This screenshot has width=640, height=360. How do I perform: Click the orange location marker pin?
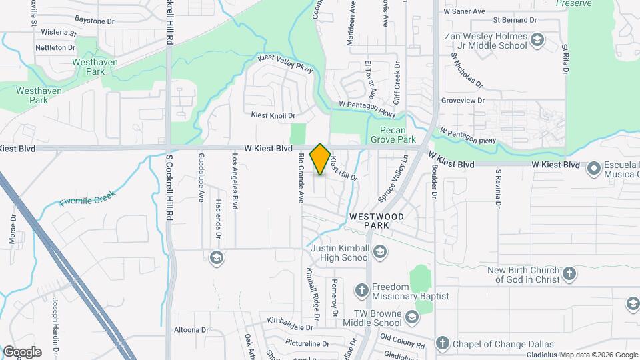click(320, 159)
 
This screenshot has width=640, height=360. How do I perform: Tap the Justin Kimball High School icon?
click(380, 251)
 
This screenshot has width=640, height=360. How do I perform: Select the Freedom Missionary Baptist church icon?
click(361, 290)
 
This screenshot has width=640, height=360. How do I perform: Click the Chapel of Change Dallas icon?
click(441, 343)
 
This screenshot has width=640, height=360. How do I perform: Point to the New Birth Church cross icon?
click(569, 273)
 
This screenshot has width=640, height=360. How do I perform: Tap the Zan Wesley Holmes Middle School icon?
click(537, 42)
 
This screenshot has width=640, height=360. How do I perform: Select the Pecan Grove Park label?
click(398, 135)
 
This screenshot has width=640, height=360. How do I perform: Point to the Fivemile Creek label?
click(87, 197)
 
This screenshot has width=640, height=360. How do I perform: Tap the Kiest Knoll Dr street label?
click(273, 115)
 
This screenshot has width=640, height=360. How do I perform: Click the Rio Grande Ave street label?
click(301, 178)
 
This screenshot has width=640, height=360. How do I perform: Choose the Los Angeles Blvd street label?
click(235, 182)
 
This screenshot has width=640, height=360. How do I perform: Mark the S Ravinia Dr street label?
click(498, 188)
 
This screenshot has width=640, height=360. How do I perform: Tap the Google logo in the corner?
click(22, 351)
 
